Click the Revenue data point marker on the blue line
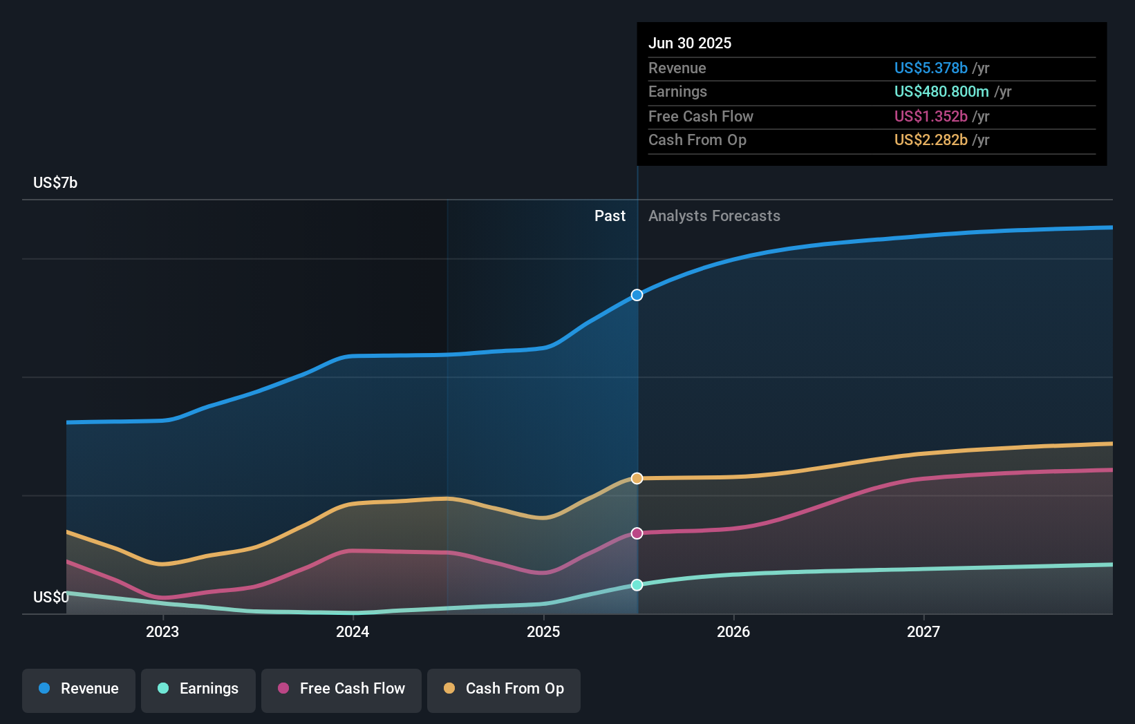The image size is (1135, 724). click(637, 295)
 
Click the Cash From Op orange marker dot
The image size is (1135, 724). click(637, 478)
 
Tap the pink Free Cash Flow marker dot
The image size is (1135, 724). click(637, 533)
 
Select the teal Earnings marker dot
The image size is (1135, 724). click(637, 585)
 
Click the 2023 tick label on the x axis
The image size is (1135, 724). click(162, 631)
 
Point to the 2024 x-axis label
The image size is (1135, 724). click(353, 631)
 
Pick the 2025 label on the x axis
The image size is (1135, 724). click(543, 631)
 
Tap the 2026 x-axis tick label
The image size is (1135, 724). click(733, 631)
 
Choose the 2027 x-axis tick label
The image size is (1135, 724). click(923, 631)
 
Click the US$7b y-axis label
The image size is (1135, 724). click(55, 182)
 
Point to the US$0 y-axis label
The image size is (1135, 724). click(50, 597)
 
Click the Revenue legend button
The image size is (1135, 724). click(79, 689)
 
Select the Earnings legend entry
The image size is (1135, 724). click(198, 689)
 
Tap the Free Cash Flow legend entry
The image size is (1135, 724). click(341, 689)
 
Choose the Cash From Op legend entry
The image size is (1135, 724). click(504, 689)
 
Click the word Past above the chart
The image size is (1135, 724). click(610, 216)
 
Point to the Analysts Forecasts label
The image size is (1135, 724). click(714, 216)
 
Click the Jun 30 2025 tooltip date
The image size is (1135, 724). click(690, 43)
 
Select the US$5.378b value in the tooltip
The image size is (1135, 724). click(930, 68)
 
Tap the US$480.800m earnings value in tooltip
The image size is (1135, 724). click(941, 91)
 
